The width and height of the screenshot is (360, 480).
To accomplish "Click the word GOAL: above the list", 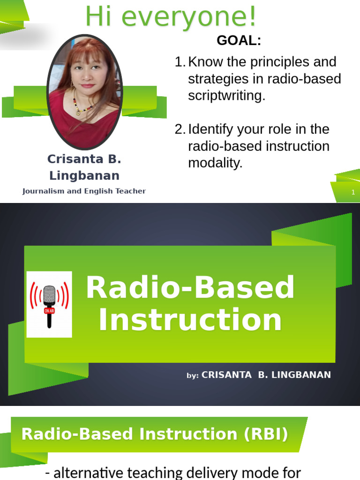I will pos(239,41).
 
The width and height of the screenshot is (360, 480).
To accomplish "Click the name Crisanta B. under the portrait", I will pos(84,159).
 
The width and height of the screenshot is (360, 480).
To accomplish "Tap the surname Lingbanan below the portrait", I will pos(84,176).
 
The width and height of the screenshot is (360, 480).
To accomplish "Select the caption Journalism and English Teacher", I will pos(84,191).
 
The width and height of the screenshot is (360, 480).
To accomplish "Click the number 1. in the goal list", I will pos(180,62).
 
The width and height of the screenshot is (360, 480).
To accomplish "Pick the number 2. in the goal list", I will pos(180,130).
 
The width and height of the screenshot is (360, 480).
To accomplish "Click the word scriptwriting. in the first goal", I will pos(226,96).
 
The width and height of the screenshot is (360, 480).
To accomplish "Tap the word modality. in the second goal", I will pos(215,163).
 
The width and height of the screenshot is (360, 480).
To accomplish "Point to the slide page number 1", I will pos(353,193).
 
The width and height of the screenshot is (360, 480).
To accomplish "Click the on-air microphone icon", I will pos(49,304).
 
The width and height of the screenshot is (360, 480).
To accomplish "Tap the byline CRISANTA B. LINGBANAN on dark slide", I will pos(266,375).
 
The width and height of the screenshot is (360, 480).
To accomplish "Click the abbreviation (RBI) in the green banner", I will pos(266,435).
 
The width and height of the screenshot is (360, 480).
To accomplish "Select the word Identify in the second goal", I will pos(211,130).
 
